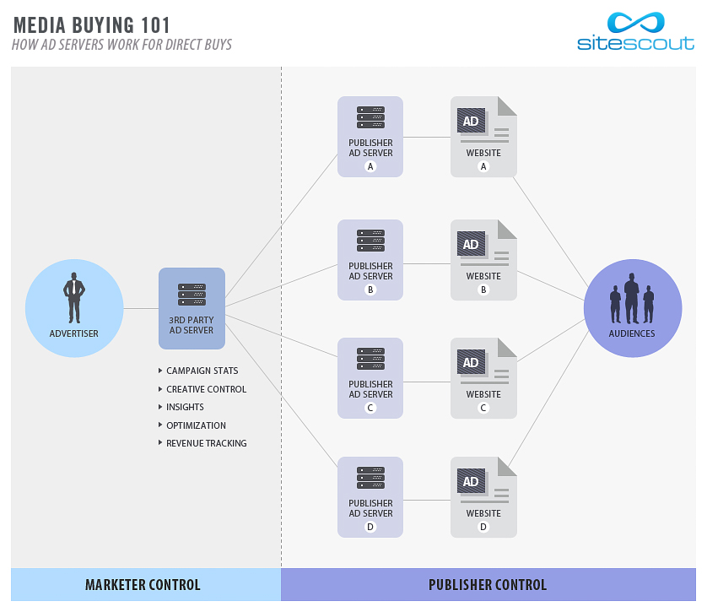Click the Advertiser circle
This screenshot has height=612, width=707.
click(x=74, y=308)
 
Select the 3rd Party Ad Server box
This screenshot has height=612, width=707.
click(x=192, y=308)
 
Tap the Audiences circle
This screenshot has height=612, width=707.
click(x=632, y=308)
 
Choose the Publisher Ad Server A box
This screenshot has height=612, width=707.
click(x=370, y=137)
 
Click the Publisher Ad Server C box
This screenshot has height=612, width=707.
click(x=370, y=378)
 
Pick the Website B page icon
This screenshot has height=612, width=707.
click(x=483, y=260)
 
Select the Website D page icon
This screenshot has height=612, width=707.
click(x=483, y=497)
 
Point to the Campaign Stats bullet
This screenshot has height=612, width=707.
click(x=202, y=371)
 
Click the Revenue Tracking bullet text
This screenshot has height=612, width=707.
click(x=206, y=443)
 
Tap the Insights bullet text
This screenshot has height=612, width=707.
click(x=185, y=407)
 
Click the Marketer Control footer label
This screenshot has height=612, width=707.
click(x=143, y=585)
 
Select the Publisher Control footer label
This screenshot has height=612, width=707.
click(x=488, y=585)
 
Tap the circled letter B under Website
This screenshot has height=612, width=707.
click(x=483, y=290)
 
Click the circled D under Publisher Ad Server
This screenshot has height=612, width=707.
click(x=370, y=527)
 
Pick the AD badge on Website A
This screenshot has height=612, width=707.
click(x=471, y=121)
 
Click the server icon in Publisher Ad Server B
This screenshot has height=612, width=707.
click(x=370, y=240)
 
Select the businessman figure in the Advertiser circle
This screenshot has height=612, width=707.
click(x=74, y=297)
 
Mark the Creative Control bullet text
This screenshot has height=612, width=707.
click(x=206, y=389)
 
